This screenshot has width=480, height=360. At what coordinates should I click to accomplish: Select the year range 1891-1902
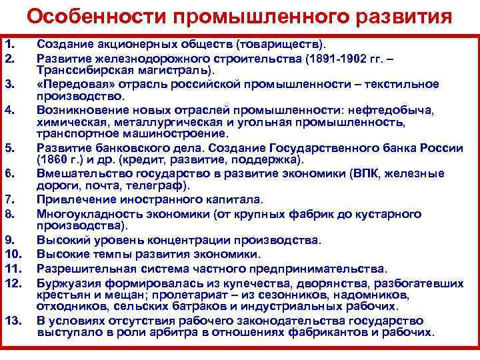click(x=339, y=58)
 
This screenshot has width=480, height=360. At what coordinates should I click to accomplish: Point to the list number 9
click(x=10, y=239)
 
